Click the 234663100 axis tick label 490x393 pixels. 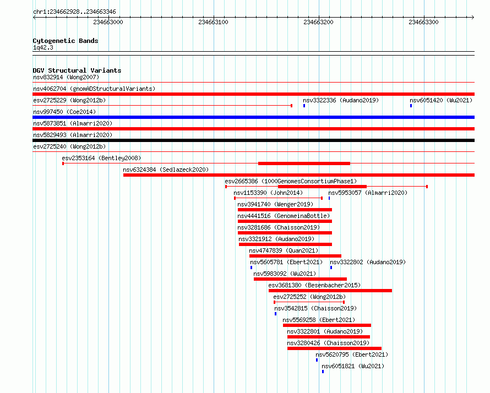(213, 22)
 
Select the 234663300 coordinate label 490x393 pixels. (423, 22)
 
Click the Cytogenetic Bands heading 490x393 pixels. (66, 41)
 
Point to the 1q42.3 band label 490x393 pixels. (43, 47)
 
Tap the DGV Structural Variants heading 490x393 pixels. (77, 70)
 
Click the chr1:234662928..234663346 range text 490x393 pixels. (74, 12)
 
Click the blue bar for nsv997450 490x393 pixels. (253, 117)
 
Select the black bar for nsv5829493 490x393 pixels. (253, 140)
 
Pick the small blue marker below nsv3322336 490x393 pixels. (304, 106)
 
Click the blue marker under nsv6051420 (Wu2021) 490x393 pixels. (411, 106)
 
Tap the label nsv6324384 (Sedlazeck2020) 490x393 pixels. (166, 170)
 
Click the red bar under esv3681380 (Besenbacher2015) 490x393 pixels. (330, 291)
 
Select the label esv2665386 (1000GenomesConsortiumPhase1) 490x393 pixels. (291, 181)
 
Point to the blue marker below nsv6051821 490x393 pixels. (323, 372)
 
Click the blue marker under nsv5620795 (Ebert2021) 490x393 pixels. (317, 360)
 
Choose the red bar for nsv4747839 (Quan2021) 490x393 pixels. (295, 256)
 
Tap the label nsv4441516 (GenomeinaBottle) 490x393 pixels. (284, 216)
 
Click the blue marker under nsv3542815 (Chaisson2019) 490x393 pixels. (275, 314)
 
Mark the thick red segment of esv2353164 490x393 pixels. (304, 163)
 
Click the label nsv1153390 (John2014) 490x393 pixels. (268, 193)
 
